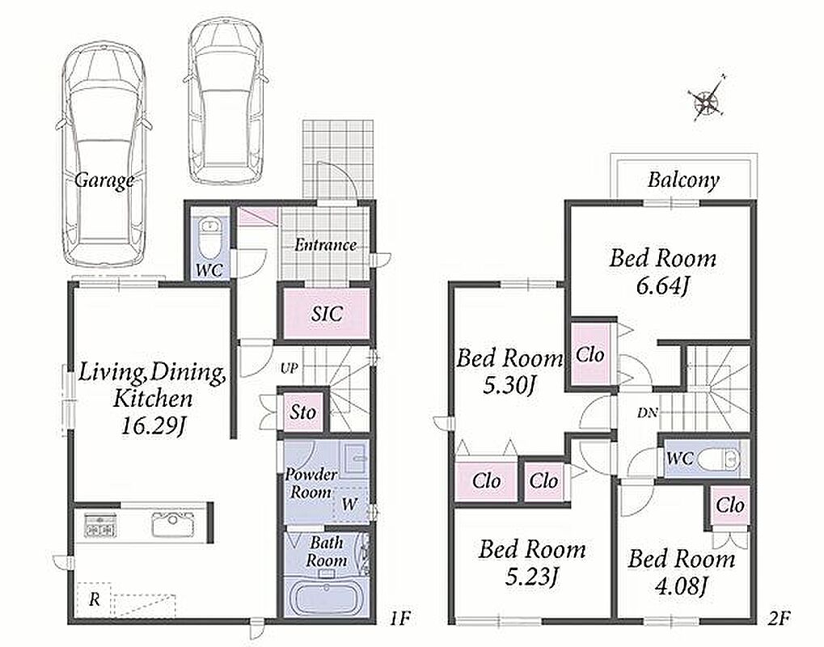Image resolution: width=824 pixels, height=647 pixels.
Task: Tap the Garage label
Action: [x=104, y=180]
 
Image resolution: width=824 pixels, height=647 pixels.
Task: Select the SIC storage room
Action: [x=327, y=314]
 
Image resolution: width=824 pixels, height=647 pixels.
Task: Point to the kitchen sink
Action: [x=172, y=524]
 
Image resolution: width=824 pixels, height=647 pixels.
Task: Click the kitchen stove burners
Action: [x=99, y=526]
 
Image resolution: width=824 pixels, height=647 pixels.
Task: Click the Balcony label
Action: [x=683, y=180]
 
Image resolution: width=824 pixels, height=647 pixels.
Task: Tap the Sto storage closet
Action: [x=303, y=412]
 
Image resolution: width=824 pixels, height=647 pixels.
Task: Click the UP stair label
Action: [x=289, y=369]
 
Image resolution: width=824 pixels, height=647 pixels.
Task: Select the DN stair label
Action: [x=648, y=413]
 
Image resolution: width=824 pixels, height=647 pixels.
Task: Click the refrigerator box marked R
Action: [x=94, y=600]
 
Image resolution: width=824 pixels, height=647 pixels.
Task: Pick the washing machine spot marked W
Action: [x=349, y=504]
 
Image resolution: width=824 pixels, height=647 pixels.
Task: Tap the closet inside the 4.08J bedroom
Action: [x=730, y=505]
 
